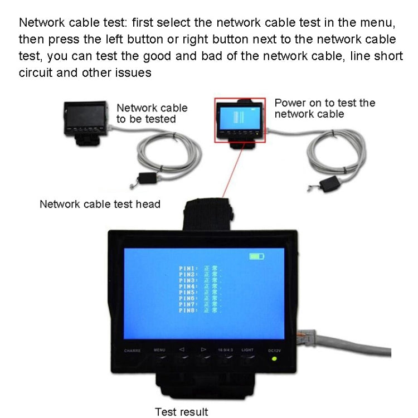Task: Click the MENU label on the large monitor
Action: coord(160,350)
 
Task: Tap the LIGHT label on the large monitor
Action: coord(247,350)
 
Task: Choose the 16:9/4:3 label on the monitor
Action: coord(225,350)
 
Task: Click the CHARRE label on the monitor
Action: coord(132,351)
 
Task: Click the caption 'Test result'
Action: coord(181,412)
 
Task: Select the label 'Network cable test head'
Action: coord(100,204)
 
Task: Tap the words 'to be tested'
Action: coord(146,119)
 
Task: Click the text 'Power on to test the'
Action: coord(325,103)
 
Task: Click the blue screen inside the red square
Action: coord(237,119)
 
